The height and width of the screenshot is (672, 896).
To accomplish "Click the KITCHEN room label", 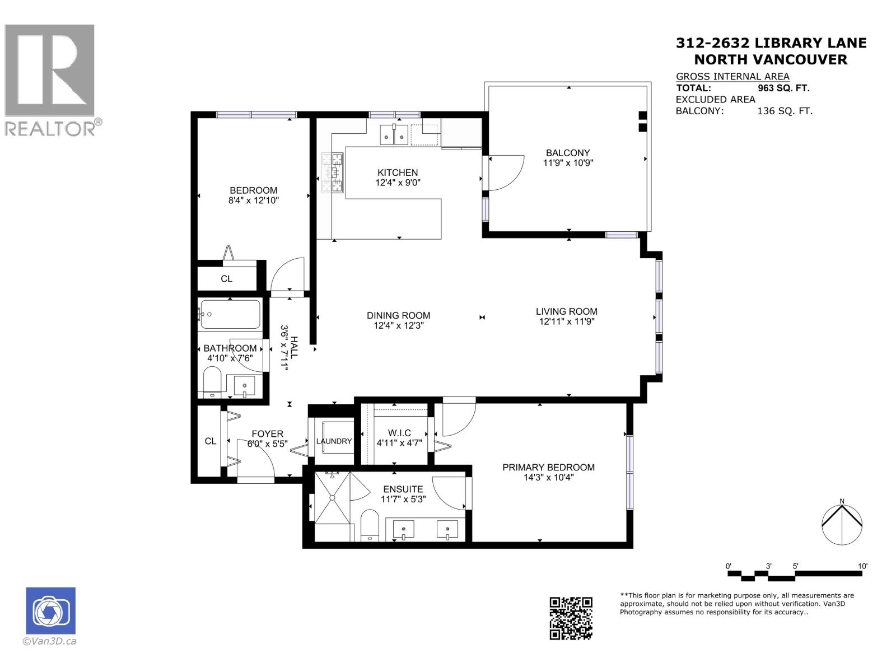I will [398, 172].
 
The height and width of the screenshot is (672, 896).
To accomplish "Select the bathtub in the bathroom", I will [230, 315].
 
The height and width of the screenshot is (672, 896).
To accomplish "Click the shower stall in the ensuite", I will [333, 497].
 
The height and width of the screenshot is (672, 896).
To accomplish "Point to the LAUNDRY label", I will [334, 441].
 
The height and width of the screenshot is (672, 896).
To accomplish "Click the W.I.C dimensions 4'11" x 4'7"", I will [399, 443].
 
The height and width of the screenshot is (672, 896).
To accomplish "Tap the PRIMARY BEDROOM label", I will [548, 467].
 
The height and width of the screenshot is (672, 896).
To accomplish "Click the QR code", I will [571, 618].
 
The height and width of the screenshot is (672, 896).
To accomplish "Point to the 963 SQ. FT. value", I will [783, 88].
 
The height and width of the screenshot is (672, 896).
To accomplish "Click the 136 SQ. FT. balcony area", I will [785, 111].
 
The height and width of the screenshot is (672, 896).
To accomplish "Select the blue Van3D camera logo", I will [50, 610].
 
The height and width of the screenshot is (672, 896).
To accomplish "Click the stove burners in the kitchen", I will [331, 173].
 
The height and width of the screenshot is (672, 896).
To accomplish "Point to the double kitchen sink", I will [394, 135].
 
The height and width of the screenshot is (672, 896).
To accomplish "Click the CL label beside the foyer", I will [211, 441].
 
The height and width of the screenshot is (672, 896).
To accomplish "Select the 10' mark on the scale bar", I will [862, 567].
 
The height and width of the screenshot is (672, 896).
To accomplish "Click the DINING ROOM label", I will [398, 315].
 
